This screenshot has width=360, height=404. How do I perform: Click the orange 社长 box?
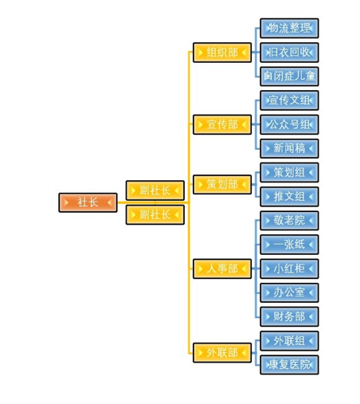pyautogui.click(x=88, y=202)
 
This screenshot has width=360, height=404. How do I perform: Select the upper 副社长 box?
pyautogui.click(x=155, y=190)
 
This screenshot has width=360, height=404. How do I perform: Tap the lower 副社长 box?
pyautogui.click(x=155, y=214)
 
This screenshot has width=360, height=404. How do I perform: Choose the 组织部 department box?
pyautogui.click(x=222, y=53)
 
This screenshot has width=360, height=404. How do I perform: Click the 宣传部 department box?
pyautogui.click(x=222, y=124)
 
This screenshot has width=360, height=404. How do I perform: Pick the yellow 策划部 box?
pyautogui.click(x=222, y=184)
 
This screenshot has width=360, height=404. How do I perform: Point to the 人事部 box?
pyautogui.click(x=222, y=269)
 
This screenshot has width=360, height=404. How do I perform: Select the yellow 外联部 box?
pyautogui.click(x=222, y=353)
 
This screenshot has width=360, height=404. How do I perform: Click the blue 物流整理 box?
pyautogui.click(x=289, y=28)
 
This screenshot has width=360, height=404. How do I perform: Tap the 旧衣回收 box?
pyautogui.click(x=289, y=53)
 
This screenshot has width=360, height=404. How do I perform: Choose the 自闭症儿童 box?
pyautogui.click(x=289, y=76)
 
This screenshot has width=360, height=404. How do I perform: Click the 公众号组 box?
pyautogui.click(x=289, y=124)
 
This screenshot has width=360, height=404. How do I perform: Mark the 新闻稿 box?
pyautogui.click(x=289, y=148)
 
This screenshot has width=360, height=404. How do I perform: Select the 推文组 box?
pyautogui.click(x=289, y=197)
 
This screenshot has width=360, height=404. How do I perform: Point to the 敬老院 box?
pyautogui.click(x=289, y=221)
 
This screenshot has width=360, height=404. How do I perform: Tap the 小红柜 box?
pyautogui.click(x=289, y=269)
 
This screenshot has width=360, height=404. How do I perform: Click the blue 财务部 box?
pyautogui.click(x=289, y=316)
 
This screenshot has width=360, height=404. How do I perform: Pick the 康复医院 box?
pyautogui.click(x=289, y=365)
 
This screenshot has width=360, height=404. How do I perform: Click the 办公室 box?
pyautogui.click(x=289, y=292)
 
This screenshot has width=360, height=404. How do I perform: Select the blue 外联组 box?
pyautogui.click(x=289, y=341)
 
